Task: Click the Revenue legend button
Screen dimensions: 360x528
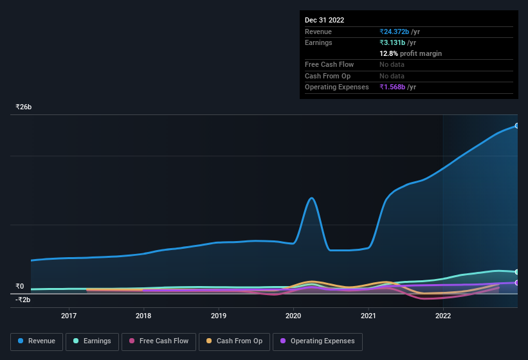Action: pos(37,341)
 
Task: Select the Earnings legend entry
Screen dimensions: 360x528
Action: pos(93,341)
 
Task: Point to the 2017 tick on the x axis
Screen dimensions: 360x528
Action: pos(69,316)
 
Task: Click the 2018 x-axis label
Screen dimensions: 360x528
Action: pos(143,316)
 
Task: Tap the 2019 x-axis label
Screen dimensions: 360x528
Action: pos(219,316)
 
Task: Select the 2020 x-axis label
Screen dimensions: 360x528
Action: pos(293,316)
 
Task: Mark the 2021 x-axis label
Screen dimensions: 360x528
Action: pos(369,316)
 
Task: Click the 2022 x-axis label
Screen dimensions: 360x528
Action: pos(443,316)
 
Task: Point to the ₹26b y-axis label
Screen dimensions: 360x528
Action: pos(24,107)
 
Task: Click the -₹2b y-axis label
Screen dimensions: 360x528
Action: pos(24,300)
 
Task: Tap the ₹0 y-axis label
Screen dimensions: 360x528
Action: pos(20,287)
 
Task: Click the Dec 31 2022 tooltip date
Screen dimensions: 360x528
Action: pos(324,20)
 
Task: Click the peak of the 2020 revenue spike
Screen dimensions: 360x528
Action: pos(311,198)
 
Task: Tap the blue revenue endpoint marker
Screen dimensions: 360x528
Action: pos(516,126)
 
